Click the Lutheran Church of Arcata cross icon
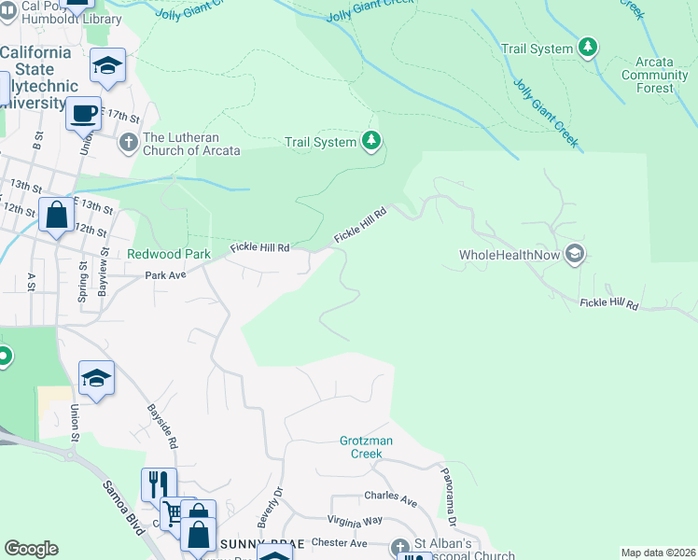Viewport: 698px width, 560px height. coord(129,143)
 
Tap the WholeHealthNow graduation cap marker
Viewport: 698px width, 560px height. coord(575,254)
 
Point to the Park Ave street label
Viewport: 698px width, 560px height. coord(165,275)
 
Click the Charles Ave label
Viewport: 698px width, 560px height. coord(391,498)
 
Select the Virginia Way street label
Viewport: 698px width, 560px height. coord(355,521)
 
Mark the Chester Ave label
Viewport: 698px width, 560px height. coord(340,542)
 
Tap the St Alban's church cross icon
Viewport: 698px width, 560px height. coord(400,547)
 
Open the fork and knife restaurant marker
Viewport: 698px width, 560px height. coord(158,484)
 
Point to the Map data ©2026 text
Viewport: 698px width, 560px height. coord(658,553)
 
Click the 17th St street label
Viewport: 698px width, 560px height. coord(121,118)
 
